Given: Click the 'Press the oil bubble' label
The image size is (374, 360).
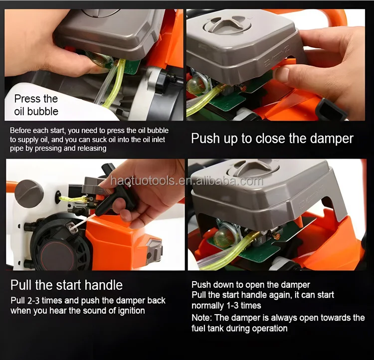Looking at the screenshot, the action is coord(36,105).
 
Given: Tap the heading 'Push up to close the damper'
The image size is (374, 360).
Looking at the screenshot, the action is coord(272,139).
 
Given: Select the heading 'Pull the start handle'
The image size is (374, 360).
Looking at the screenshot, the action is coord(66,285).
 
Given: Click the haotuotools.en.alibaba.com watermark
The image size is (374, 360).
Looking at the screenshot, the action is coord(187,181).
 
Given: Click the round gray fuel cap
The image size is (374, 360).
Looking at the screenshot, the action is coord(29,194).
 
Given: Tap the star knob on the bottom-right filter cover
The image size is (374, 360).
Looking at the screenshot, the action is coord(253,168).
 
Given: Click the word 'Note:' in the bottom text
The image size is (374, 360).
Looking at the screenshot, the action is coord(201,318).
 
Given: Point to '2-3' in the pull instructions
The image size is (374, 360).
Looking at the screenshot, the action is coord(33,301).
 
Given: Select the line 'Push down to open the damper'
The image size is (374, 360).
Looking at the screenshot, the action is coord(251,285).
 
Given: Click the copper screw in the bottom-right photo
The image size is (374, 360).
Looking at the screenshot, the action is coord(277,237).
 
